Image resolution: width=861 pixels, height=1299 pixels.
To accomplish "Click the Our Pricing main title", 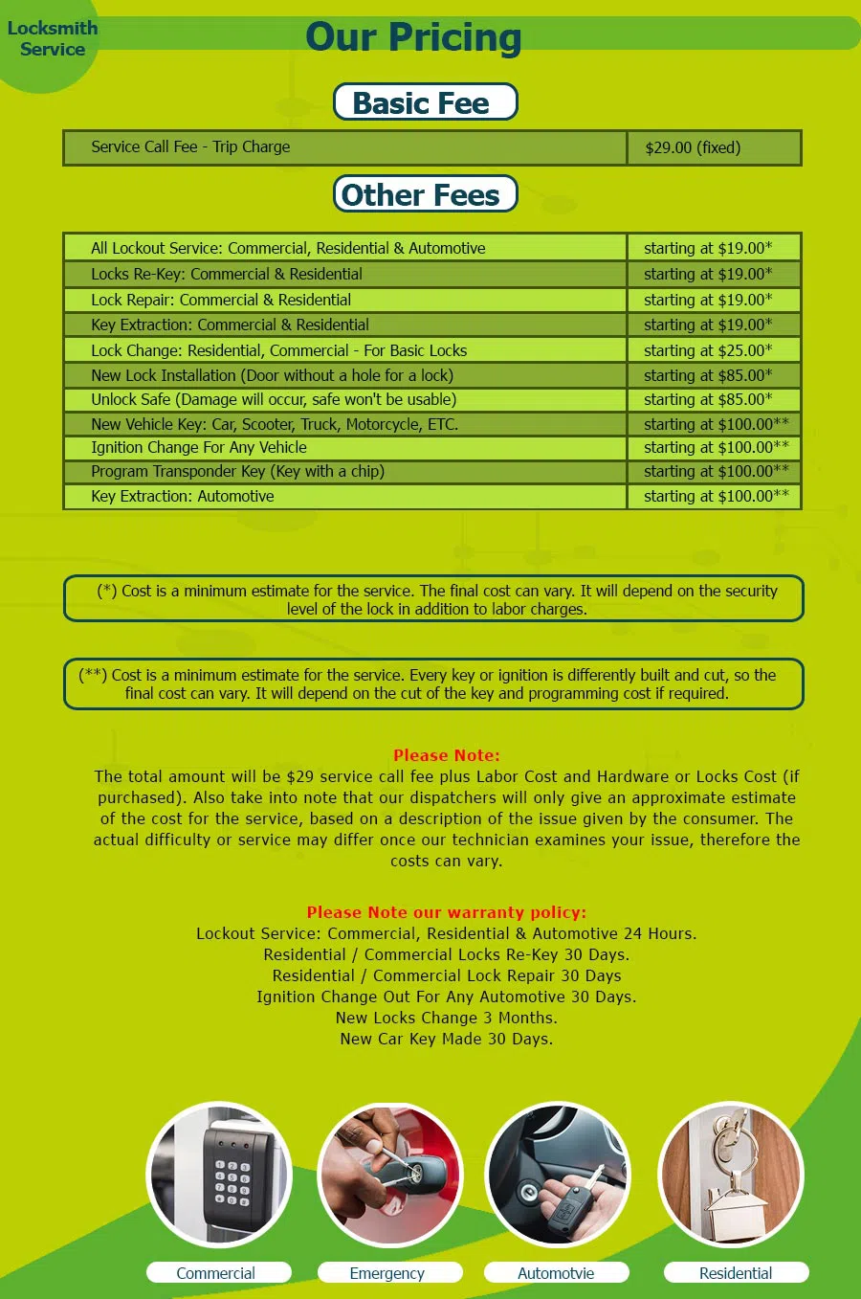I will tap(413, 37).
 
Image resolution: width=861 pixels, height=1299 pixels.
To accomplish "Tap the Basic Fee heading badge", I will tap(425, 102).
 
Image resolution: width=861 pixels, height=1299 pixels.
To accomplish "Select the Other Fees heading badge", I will tap(425, 194).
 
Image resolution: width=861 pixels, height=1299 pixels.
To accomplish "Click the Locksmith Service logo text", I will tap(53, 38).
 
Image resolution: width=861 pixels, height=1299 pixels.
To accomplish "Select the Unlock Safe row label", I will tap(274, 399).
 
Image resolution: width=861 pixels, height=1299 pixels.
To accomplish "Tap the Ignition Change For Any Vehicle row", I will tap(199, 447).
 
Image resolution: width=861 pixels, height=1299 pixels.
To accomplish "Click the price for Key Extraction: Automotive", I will tap(716, 496).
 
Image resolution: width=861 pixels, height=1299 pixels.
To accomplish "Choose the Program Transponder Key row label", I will tap(237, 471).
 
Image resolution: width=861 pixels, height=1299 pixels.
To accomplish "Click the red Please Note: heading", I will tap(446, 755).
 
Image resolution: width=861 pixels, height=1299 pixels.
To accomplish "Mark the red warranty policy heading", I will tap(446, 912).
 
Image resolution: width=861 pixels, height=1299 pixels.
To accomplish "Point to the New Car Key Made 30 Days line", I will tap(446, 1039).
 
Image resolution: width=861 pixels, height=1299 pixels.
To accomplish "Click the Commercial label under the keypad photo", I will tap(216, 1273).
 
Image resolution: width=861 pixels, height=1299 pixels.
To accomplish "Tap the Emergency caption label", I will tap(387, 1273).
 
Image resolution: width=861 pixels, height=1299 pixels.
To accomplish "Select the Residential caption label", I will tap(735, 1273).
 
